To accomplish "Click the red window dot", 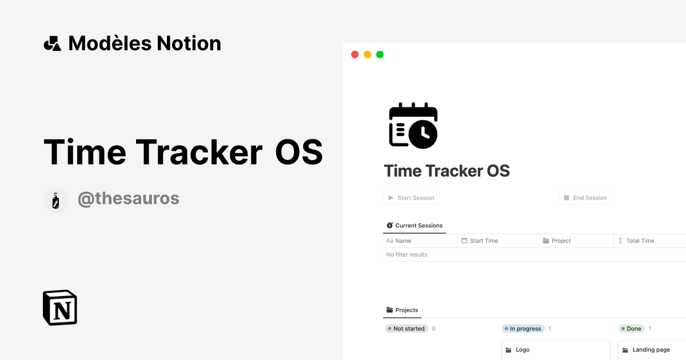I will tap(354, 55).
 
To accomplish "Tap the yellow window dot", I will tap(367, 55).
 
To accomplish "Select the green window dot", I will tap(380, 55).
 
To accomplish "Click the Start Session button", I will tap(411, 198).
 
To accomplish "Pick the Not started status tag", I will tap(406, 329).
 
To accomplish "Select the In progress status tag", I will tap(523, 329).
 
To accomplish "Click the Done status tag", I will tap(631, 329).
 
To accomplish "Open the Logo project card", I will tap(556, 350).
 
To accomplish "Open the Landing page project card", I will tap(651, 350).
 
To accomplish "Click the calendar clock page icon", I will tap(413, 126).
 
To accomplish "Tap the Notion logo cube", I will tap(60, 307).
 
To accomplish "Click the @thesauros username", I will tap(128, 199).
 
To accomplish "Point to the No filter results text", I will tap(408, 254).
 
